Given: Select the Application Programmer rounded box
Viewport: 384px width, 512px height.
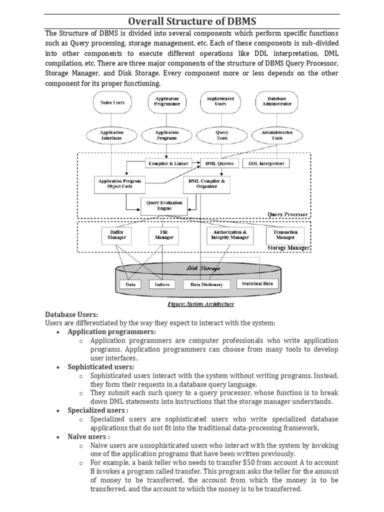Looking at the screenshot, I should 164,102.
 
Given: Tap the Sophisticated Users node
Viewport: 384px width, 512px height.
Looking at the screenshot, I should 220,102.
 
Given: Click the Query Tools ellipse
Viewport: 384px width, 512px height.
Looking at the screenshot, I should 222,135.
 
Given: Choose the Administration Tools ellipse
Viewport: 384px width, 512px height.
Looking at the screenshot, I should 277,135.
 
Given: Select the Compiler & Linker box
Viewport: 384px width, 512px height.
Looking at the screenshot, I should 167,163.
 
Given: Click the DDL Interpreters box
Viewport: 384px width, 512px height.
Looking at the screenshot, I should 265,163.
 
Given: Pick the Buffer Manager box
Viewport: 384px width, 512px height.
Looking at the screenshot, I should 116,234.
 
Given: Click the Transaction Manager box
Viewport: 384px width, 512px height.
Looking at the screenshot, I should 285,234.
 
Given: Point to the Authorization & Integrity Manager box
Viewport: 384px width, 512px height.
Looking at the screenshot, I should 230,234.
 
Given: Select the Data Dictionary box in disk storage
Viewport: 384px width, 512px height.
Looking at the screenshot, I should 206,284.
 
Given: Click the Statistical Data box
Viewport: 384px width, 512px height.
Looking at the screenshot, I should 257,283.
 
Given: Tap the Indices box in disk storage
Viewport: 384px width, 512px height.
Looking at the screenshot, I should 162,284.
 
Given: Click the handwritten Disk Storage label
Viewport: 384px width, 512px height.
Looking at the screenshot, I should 203,268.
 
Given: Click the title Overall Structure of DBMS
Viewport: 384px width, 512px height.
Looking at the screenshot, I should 192,21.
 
